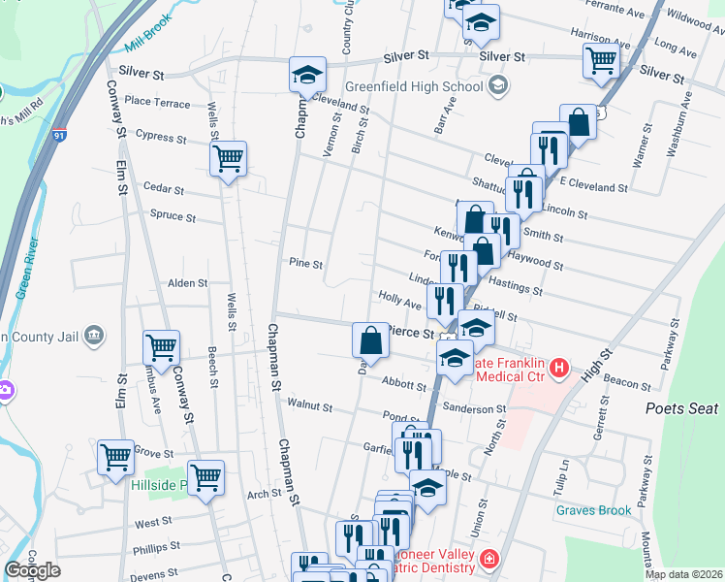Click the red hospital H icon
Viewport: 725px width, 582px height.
click(559, 369)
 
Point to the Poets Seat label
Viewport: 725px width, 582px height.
click(682, 408)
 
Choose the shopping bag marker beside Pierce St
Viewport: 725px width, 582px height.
click(370, 340)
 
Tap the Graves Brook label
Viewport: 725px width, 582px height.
click(594, 510)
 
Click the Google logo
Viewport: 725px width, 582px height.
click(33, 570)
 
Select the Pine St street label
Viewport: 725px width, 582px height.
click(305, 263)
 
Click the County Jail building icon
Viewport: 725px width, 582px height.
click(94, 336)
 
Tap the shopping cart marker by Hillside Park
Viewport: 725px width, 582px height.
click(205, 478)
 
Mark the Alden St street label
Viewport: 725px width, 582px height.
click(188, 283)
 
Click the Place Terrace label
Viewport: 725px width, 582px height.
click(157, 102)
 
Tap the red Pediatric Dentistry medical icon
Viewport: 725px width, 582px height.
click(489, 559)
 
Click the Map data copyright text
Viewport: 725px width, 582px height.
click(683, 574)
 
